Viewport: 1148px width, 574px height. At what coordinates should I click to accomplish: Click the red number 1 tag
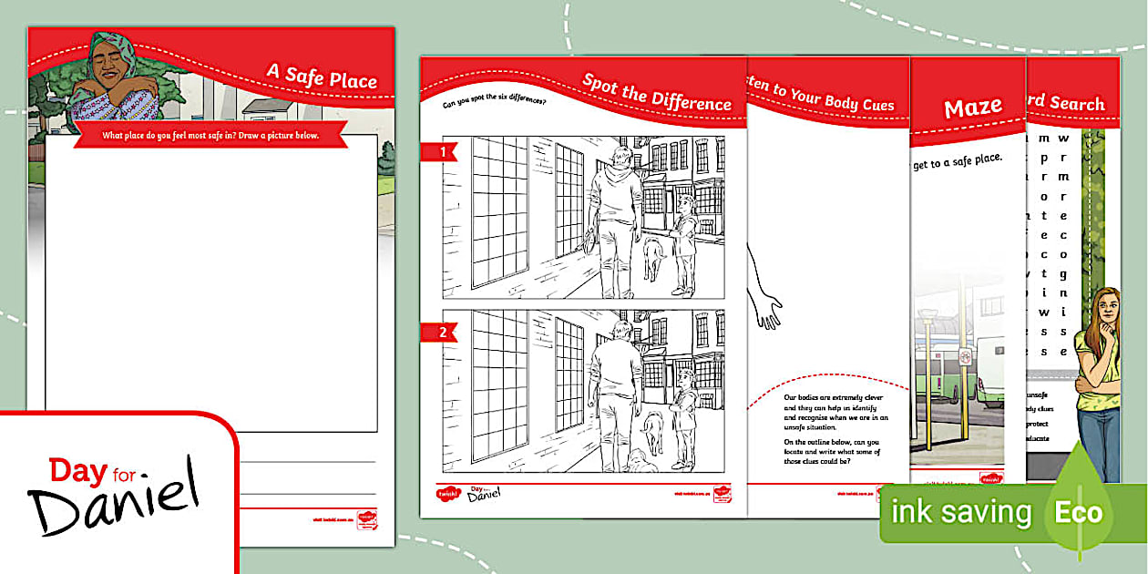tap(442, 153)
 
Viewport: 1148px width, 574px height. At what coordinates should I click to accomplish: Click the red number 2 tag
tap(442, 333)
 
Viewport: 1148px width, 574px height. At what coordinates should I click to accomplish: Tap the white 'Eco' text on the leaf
tap(1078, 512)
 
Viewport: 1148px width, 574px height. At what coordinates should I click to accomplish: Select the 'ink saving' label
tap(960, 512)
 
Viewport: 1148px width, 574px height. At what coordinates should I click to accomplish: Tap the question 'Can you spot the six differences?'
tap(494, 103)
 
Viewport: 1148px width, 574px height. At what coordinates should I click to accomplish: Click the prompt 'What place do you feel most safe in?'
tap(210, 136)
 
